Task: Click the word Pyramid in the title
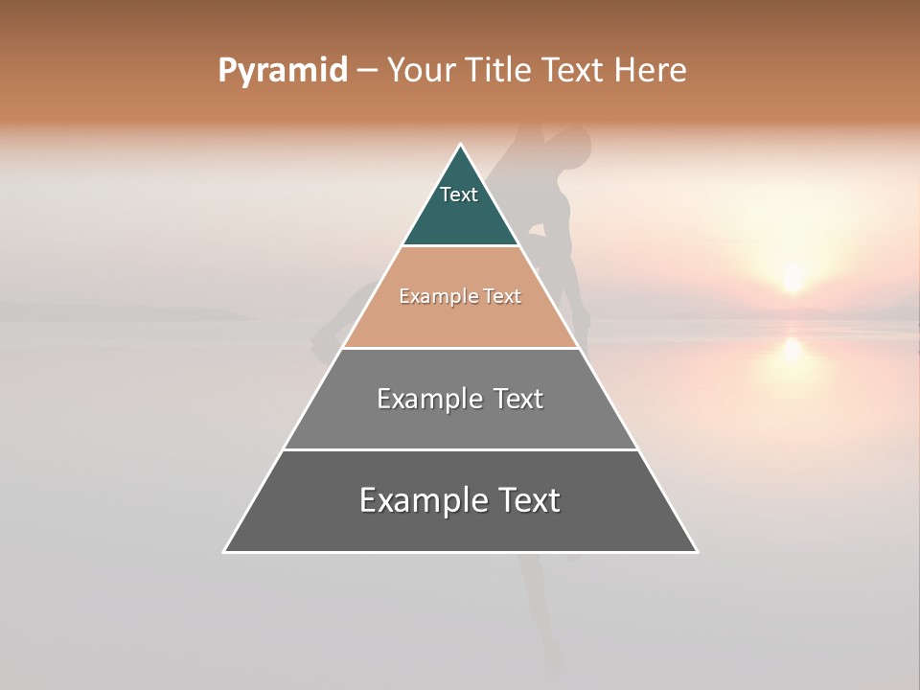click(x=282, y=71)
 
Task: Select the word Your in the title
click(x=422, y=70)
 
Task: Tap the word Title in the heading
click(x=497, y=70)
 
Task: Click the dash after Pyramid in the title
click(x=366, y=71)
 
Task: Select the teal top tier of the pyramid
click(x=460, y=216)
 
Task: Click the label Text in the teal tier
click(x=459, y=195)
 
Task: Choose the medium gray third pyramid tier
click(x=460, y=422)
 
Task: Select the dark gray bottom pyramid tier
click(x=460, y=527)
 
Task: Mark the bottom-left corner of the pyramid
click(x=225, y=551)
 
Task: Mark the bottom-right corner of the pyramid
click(x=696, y=551)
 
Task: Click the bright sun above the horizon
click(x=792, y=278)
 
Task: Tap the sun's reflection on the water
click(x=792, y=350)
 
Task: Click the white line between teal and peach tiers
click(x=460, y=246)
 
